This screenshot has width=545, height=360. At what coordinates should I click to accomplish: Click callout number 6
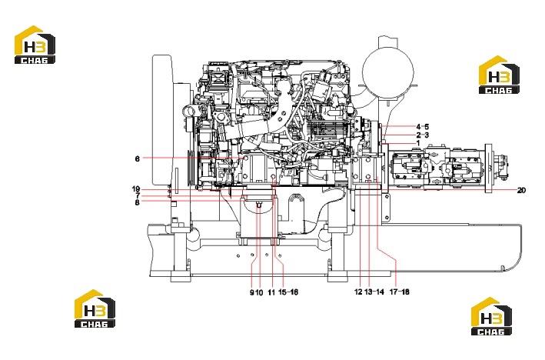point(138,159)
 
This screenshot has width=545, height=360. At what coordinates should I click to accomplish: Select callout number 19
point(136,189)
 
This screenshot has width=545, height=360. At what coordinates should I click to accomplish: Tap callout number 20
point(521,190)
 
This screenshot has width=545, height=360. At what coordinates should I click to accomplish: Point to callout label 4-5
point(423,127)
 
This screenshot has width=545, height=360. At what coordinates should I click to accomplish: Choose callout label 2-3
point(423,135)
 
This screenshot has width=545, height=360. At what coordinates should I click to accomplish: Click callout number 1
point(418,143)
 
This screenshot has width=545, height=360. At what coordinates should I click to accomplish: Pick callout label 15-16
point(288,292)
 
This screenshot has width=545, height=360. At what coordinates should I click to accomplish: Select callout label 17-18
point(400,292)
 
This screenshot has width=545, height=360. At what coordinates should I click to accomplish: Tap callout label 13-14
point(374,292)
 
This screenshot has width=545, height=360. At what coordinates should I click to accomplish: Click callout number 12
point(358,292)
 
